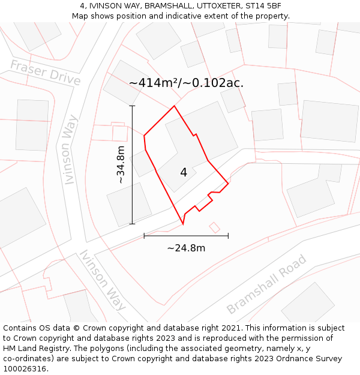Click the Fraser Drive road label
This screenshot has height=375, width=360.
(x=46, y=72)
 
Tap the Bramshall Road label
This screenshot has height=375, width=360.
(x=266, y=284)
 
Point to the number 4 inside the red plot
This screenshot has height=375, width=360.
(x=184, y=173)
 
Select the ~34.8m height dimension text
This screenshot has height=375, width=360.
(x=121, y=164)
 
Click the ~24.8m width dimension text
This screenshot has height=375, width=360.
(x=186, y=248)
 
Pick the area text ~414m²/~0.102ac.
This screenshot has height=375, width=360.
(x=186, y=83)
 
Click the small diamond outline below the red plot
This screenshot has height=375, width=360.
(x=214, y=227)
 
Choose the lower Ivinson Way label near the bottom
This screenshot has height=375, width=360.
(x=103, y=280)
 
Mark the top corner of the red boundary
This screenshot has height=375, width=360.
(x=174, y=106)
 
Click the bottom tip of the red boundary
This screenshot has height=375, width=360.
(x=183, y=224)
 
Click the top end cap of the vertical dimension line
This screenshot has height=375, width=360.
(x=132, y=106)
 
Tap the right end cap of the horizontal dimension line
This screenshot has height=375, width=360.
(x=228, y=236)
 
